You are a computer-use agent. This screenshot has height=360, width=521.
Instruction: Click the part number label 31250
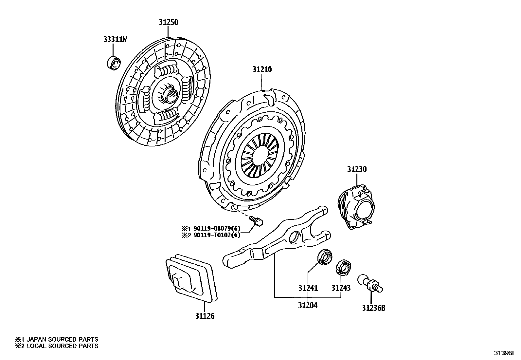point(169,22)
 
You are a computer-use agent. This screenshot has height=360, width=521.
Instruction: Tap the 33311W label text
point(115,40)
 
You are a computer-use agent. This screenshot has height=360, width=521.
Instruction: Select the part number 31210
point(262,69)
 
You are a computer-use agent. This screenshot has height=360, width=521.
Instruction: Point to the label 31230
point(357,169)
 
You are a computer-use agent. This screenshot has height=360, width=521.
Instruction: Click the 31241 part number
point(308,288)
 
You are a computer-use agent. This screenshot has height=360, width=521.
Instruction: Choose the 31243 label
point(341,288)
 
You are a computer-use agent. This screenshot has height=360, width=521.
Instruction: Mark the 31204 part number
point(308,305)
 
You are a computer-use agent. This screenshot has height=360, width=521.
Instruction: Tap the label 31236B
point(373,308)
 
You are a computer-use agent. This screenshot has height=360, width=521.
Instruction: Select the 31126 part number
point(205,316)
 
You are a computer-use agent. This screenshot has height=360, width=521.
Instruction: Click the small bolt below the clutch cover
point(256,220)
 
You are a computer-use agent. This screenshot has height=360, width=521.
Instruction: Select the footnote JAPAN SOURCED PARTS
point(59,339)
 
